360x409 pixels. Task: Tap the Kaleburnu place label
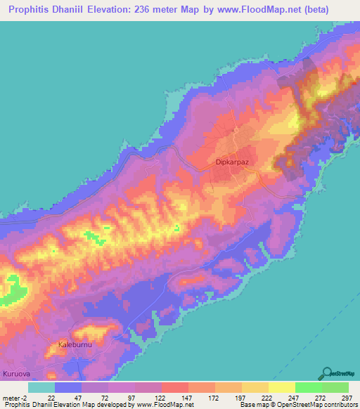click(75, 346)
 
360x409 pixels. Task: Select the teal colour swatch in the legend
click(41, 387)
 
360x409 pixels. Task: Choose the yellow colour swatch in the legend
click(281, 387)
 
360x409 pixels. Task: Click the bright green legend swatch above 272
click(308, 387)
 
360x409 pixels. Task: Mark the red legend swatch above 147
click(174, 387)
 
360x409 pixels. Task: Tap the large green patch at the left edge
click(12, 289)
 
